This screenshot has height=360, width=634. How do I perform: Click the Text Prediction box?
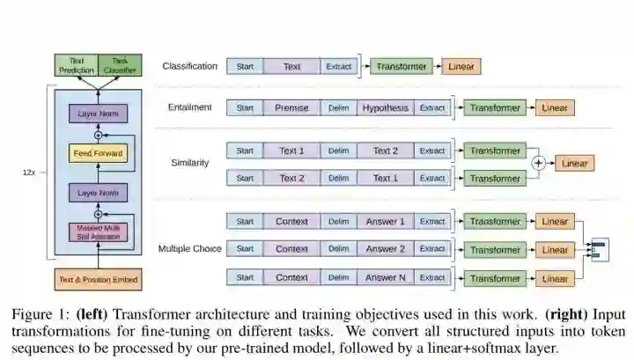point(77,65)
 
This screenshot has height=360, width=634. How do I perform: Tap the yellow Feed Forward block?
point(98,154)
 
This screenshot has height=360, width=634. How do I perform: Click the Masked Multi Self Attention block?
point(98,233)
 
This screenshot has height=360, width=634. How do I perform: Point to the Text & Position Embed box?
point(98,280)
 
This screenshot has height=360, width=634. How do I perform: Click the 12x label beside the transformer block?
point(29,173)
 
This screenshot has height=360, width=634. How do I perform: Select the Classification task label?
point(189,66)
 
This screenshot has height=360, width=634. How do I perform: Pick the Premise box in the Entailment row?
point(291,108)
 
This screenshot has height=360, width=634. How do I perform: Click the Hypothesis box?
point(386,108)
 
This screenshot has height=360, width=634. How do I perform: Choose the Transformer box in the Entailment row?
point(494,108)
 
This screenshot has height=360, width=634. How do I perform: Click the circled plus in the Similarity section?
point(539,164)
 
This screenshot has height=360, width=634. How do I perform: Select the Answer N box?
point(385,278)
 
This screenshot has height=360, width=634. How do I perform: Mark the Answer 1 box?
point(385,222)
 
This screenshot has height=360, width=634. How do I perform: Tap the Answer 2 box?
point(385,249)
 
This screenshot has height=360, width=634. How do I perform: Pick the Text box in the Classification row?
point(291,66)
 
